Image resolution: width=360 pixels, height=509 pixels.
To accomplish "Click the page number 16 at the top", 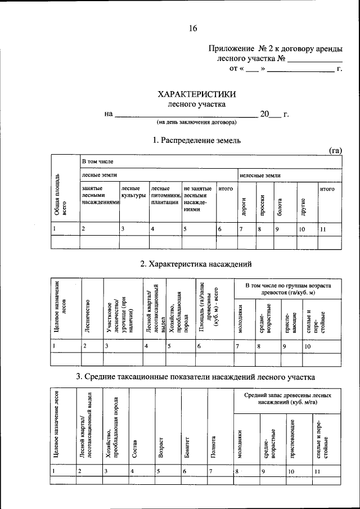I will (193, 28).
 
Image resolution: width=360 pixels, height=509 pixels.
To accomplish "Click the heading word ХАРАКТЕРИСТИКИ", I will (196, 94).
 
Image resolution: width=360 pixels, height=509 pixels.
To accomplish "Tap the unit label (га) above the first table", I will (335, 150).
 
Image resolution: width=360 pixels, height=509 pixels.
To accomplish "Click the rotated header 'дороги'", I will (244, 206).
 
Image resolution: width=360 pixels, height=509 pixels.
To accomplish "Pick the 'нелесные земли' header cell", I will (260, 175).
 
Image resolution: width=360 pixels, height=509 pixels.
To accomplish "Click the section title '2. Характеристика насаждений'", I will (196, 264).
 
